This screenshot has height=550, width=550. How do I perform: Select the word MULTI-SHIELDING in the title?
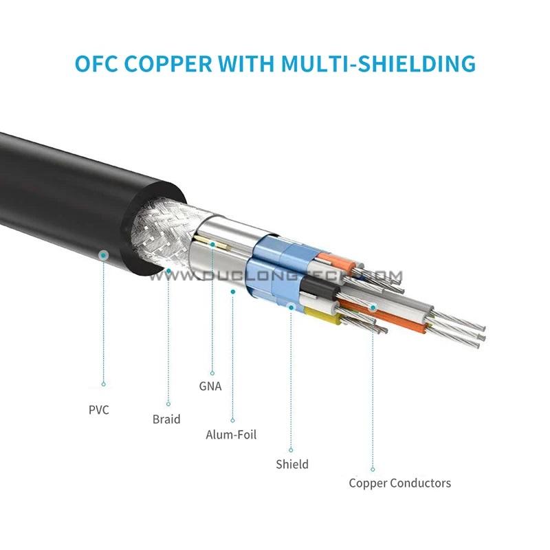[x=379, y=63]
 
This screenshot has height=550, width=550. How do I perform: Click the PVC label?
[x=98, y=410]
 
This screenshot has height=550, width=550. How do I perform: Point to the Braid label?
[x=166, y=419]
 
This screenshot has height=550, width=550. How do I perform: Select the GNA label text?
[x=210, y=386]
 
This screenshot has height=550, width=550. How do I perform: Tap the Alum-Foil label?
[x=232, y=434]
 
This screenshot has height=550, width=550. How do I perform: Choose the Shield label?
[x=292, y=464]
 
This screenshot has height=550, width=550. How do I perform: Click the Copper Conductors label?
[x=399, y=483]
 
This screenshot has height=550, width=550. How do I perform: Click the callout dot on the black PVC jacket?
[x=103, y=255]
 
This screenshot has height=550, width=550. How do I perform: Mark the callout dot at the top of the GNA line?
[x=213, y=243]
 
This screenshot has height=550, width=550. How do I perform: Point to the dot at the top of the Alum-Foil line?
[x=234, y=291]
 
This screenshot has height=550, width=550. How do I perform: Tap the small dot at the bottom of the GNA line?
[x=213, y=372]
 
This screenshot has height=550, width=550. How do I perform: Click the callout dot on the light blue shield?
[x=291, y=307]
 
